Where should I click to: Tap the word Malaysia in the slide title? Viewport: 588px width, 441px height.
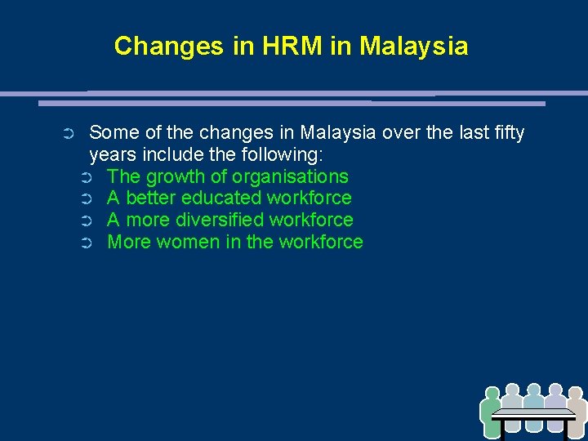click(x=414, y=46)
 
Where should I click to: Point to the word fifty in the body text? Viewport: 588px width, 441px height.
click(x=507, y=132)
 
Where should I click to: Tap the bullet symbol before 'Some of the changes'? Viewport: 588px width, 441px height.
click(x=69, y=133)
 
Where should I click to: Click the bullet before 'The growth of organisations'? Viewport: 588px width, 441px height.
click(x=87, y=177)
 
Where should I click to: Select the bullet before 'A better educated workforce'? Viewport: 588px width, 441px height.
click(x=87, y=198)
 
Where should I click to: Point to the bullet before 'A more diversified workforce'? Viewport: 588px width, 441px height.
click(x=87, y=220)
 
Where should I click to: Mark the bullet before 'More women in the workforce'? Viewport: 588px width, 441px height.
click(x=87, y=243)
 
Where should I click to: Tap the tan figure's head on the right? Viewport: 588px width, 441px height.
click(x=577, y=394)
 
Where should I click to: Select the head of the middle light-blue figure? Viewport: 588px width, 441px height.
click(x=534, y=390)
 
